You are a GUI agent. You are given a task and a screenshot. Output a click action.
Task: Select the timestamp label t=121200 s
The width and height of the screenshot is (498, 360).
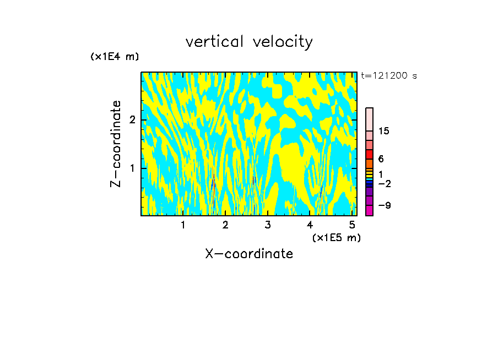tap(389, 75)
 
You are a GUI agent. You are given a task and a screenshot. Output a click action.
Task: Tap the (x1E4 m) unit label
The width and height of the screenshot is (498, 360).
tap(115, 57)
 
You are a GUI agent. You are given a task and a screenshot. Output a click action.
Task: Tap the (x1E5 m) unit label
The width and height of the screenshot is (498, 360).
tap(336, 237)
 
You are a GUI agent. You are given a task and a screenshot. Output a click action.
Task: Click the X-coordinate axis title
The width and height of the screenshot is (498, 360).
tap(249, 254)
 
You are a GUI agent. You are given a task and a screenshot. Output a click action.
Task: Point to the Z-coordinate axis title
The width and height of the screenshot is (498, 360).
tap(116, 144)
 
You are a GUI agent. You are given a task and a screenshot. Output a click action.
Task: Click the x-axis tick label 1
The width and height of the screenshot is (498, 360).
tap(183, 225)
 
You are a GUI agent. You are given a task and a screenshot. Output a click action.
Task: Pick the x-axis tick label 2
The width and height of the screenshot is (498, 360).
tap(225, 225)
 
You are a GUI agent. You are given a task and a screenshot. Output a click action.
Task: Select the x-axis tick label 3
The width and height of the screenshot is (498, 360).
tap(267, 225)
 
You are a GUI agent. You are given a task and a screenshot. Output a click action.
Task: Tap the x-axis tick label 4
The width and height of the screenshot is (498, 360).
tap(310, 225)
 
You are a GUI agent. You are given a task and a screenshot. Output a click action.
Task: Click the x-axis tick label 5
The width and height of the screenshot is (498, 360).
tap(352, 225)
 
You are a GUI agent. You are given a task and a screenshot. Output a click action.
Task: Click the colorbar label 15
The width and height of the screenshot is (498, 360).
tap(384, 131)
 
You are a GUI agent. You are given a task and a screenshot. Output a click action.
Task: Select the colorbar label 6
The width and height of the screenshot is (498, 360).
tap(381, 159)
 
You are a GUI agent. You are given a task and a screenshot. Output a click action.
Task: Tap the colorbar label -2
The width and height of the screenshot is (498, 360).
tap(384, 183)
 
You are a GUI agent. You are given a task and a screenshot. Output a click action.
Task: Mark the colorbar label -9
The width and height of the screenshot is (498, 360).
tap(384, 205)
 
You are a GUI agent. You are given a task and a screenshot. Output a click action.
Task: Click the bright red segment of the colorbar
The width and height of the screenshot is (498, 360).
tap(369, 154)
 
